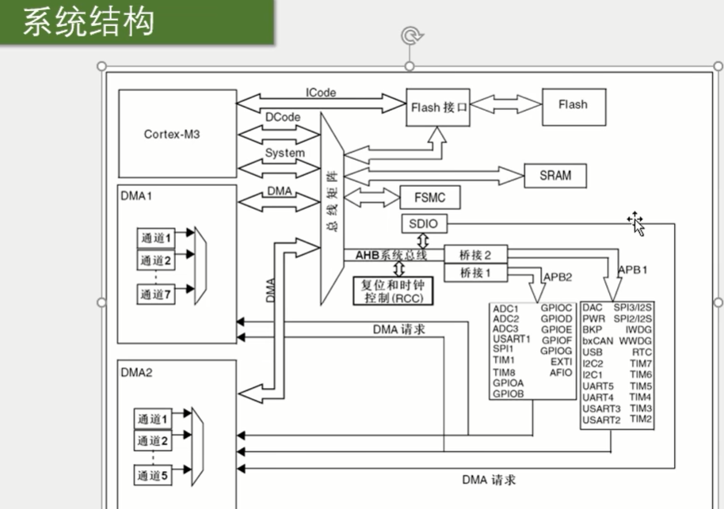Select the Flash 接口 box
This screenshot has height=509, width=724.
click(x=438, y=108)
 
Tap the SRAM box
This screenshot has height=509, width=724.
click(x=554, y=175)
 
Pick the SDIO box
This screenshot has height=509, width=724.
click(x=424, y=224)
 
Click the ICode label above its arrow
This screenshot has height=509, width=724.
click(x=320, y=93)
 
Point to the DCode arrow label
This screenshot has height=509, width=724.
click(x=283, y=117)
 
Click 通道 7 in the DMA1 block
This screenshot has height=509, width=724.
click(x=156, y=294)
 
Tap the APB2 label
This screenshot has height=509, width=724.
click(x=558, y=277)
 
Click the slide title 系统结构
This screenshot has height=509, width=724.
click(x=87, y=22)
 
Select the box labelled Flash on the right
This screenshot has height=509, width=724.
click(x=573, y=104)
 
